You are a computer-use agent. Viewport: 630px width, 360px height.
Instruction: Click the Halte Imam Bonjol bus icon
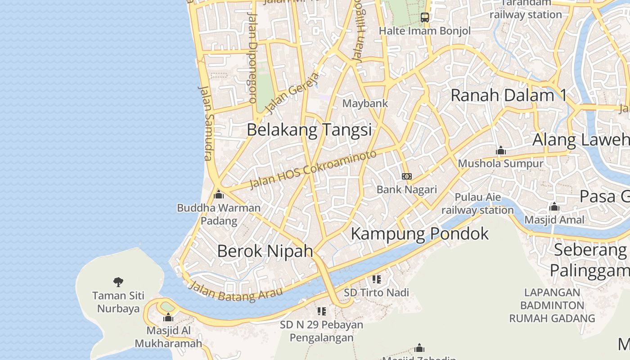(424, 18)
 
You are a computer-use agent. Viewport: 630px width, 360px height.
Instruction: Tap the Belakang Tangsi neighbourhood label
(309, 130)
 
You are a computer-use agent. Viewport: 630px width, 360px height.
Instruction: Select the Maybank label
(365, 103)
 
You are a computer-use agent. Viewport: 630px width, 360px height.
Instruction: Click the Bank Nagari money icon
(407, 176)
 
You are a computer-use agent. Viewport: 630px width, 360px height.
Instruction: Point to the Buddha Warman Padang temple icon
(219, 194)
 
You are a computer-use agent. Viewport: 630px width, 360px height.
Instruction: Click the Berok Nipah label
(265, 251)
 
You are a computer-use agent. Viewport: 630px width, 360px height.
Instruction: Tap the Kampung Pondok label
(419, 234)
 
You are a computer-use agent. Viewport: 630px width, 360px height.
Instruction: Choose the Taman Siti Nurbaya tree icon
(118, 282)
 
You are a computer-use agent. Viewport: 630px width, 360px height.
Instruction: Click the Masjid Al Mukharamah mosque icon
(168, 317)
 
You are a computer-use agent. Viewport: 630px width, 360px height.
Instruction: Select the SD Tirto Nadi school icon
(377, 279)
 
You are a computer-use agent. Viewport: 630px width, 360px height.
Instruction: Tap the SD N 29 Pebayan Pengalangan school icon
(321, 311)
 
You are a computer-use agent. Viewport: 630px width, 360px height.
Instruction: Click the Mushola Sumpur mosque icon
(500, 150)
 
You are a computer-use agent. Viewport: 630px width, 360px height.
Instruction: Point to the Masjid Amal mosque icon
(554, 207)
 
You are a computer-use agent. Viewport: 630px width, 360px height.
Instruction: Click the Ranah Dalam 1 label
(508, 95)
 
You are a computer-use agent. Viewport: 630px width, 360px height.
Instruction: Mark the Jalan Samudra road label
(205, 122)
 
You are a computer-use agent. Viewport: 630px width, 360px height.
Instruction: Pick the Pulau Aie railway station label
(477, 204)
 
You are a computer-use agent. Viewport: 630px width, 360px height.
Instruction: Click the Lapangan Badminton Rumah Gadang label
(552, 305)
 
